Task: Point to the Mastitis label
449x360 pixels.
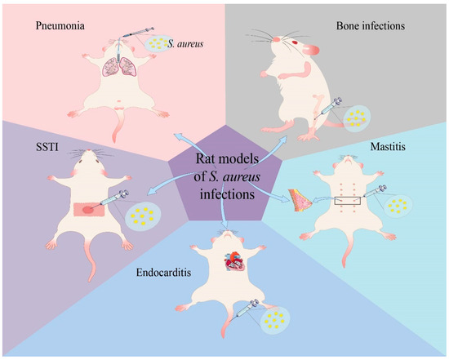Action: click(405, 149)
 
